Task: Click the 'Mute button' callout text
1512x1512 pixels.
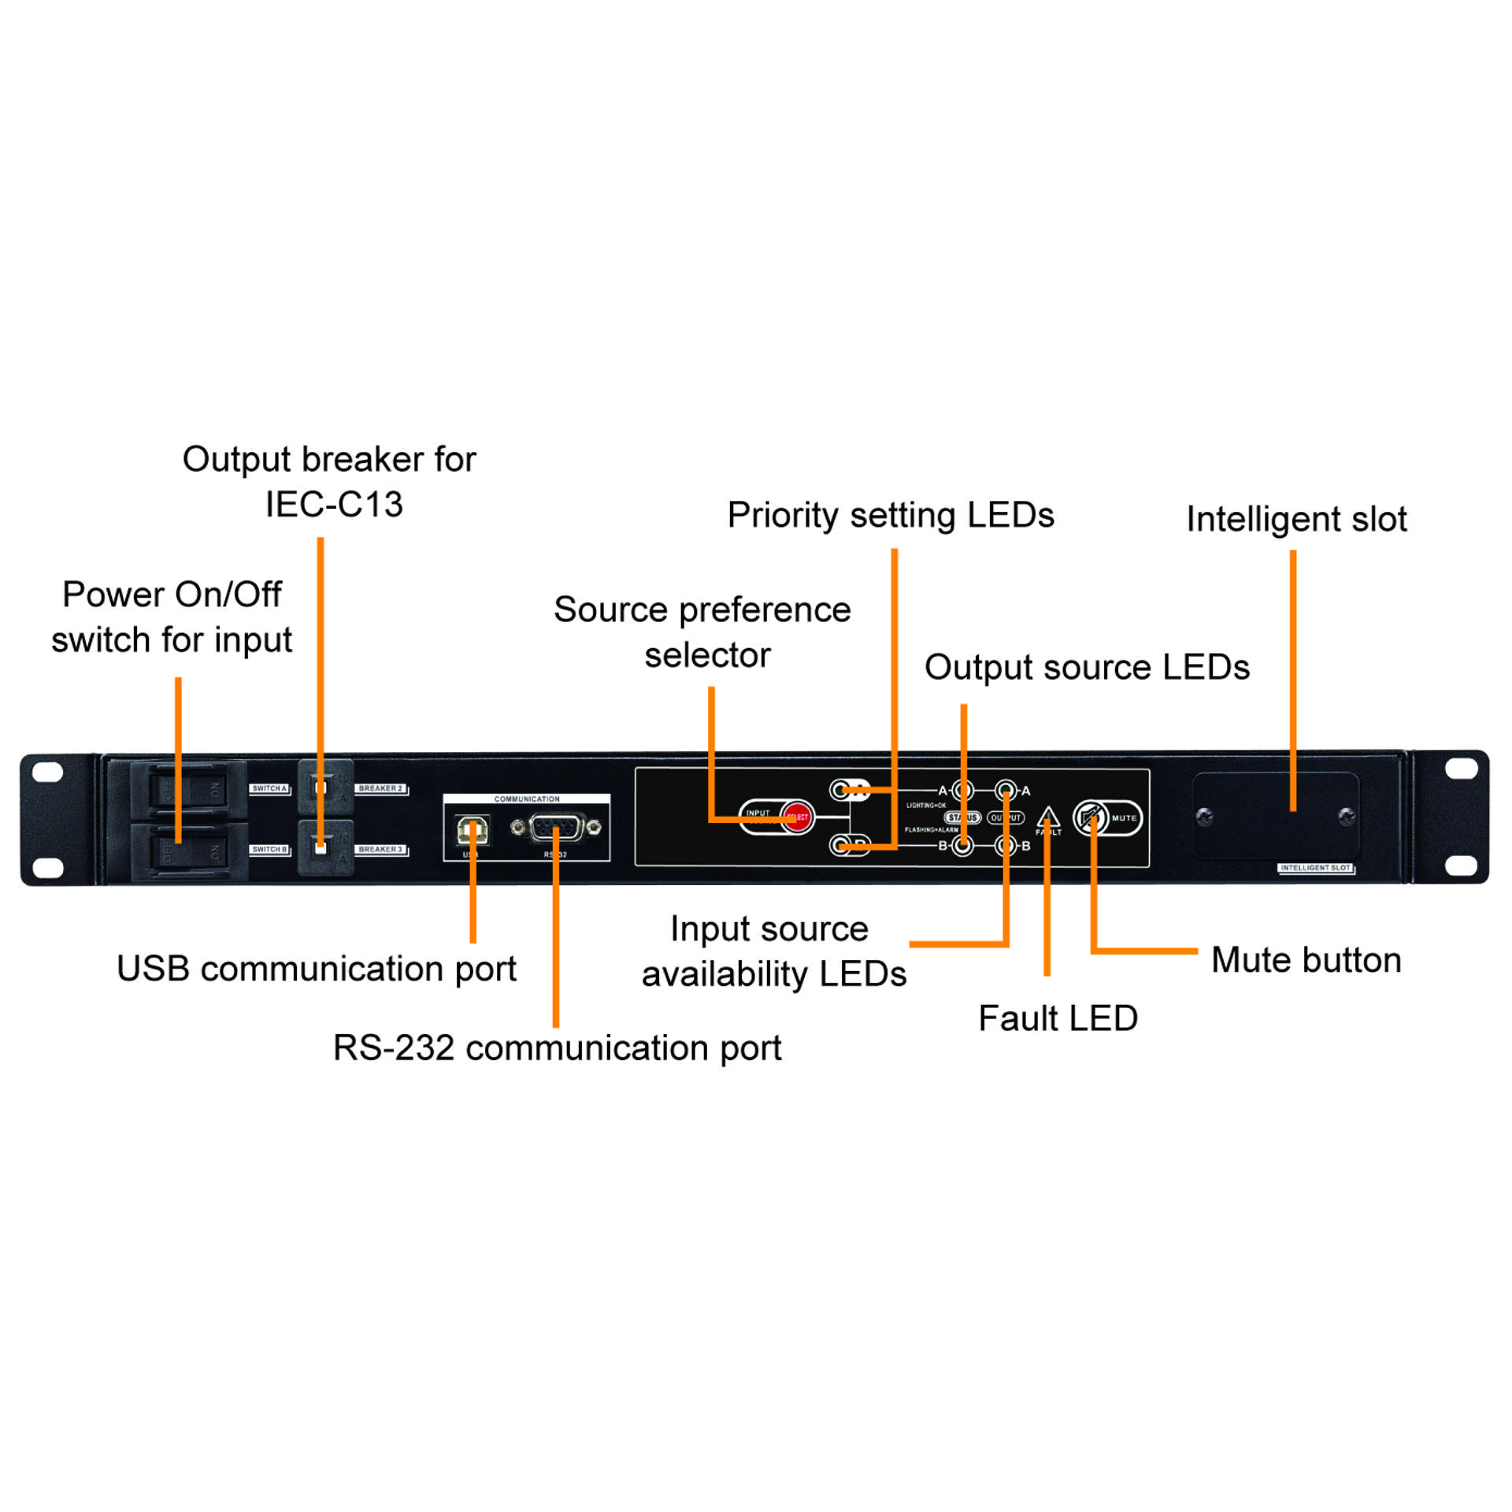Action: (1306, 960)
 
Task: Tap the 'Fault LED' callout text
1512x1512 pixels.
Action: (1058, 1018)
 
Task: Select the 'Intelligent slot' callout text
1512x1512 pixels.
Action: (1296, 519)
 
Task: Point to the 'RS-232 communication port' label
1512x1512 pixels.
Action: (557, 1048)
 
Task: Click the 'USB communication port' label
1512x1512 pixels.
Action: (317, 969)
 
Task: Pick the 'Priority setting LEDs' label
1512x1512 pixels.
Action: (890, 515)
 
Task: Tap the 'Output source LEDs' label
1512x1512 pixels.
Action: (1087, 667)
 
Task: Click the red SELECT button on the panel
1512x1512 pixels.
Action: (797, 817)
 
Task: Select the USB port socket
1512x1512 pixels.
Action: (472, 830)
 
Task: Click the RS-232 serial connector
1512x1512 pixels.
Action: (556, 828)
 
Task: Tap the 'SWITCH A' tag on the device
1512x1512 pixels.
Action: (269, 788)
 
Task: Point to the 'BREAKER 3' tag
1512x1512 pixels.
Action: (380, 850)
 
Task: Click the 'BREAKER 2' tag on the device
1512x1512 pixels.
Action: (380, 788)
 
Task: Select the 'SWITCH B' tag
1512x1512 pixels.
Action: (269, 850)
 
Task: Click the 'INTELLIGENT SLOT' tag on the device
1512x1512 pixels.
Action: (1315, 868)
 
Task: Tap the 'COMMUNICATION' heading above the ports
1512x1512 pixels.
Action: (527, 799)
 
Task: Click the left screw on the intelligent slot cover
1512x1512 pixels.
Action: (1204, 816)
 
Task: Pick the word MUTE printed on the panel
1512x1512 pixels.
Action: (1124, 818)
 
